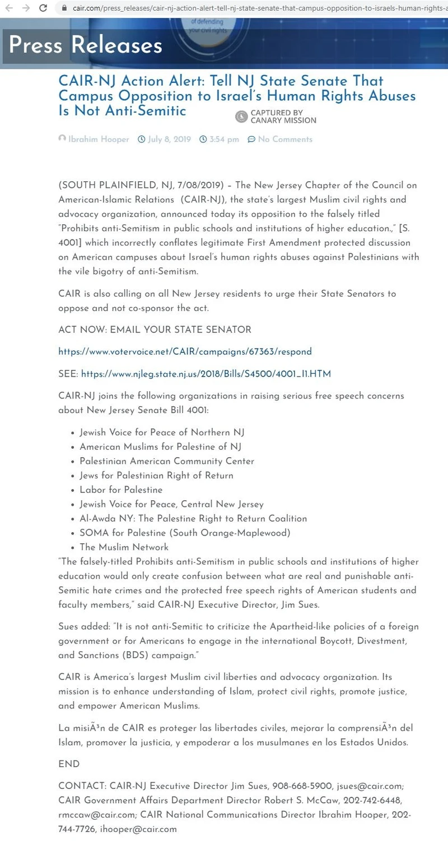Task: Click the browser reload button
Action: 43,8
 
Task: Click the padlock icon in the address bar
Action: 64,8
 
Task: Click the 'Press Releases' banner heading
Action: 86,45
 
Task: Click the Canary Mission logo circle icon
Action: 241,116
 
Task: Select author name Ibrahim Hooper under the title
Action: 99,139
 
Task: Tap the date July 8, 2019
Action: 169,139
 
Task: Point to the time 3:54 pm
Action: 224,139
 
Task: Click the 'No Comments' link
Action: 285,139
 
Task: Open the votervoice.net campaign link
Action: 185,352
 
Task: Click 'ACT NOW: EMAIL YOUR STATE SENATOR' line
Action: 155,330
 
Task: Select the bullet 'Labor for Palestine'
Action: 121,490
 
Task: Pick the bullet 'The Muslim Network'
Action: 124,547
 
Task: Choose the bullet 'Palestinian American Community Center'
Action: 167,461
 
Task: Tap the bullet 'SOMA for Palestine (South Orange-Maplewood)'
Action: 185,533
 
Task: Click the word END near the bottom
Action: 69,764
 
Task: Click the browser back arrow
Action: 9,8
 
